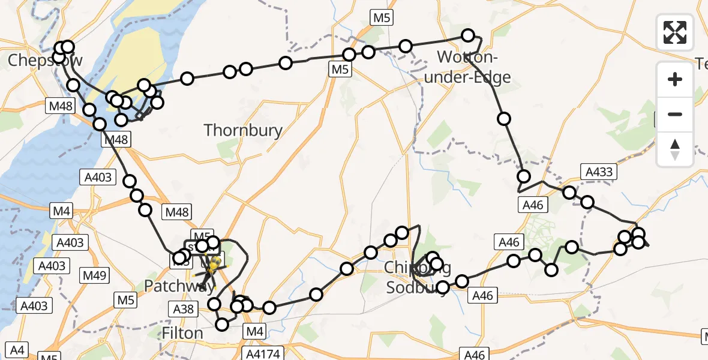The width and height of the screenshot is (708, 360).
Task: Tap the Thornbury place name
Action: click(242, 130)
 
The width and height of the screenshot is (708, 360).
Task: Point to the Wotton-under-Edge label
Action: click(474, 67)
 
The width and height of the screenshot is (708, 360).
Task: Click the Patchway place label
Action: click(179, 286)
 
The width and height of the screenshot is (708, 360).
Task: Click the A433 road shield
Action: click(598, 173)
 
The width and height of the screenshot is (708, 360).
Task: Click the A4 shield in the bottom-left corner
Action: click(18, 349)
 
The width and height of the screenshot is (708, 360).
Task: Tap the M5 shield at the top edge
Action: click(382, 18)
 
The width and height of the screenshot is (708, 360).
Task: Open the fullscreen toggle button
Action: click(675, 32)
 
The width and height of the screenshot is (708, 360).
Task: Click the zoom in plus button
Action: click(675, 79)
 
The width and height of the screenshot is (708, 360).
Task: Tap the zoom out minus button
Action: click(675, 114)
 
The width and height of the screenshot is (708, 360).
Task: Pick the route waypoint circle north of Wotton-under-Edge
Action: click(467, 35)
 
